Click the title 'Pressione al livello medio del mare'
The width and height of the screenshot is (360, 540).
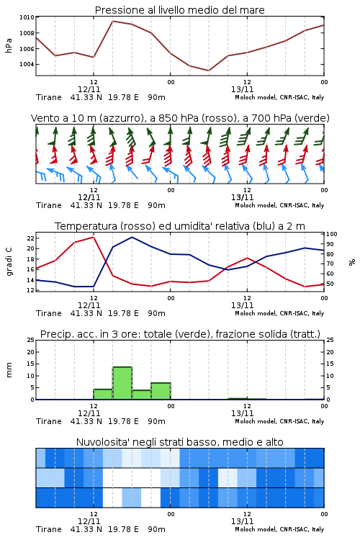(x=179, y=10)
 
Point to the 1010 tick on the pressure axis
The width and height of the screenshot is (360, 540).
(x=27, y=17)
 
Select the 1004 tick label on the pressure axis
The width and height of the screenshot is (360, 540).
(x=27, y=64)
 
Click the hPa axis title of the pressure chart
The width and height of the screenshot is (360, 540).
(x=9, y=45)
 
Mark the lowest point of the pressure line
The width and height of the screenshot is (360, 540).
(x=208, y=71)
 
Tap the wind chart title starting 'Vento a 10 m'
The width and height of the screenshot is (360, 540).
(x=180, y=118)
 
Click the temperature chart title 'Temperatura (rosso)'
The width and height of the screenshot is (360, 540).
(x=180, y=226)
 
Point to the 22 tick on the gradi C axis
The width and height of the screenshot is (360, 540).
(x=30, y=238)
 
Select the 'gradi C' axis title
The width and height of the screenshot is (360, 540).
(x=9, y=262)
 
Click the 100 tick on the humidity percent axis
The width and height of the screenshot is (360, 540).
(x=332, y=234)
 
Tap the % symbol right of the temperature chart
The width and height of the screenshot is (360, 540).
(x=352, y=262)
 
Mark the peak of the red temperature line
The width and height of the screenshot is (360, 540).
(x=94, y=237)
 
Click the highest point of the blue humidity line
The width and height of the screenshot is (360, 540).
(x=132, y=237)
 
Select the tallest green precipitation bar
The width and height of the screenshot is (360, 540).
(x=122, y=383)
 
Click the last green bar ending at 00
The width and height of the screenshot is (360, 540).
(x=161, y=391)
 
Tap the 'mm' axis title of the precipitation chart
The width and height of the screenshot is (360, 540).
(x=9, y=370)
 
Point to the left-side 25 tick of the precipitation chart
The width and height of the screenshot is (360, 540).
(x=31, y=340)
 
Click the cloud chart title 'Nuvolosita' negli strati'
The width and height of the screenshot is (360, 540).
(x=180, y=442)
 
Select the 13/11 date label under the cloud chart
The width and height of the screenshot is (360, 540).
(x=242, y=521)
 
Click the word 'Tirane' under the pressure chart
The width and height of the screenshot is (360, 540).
(x=48, y=97)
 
